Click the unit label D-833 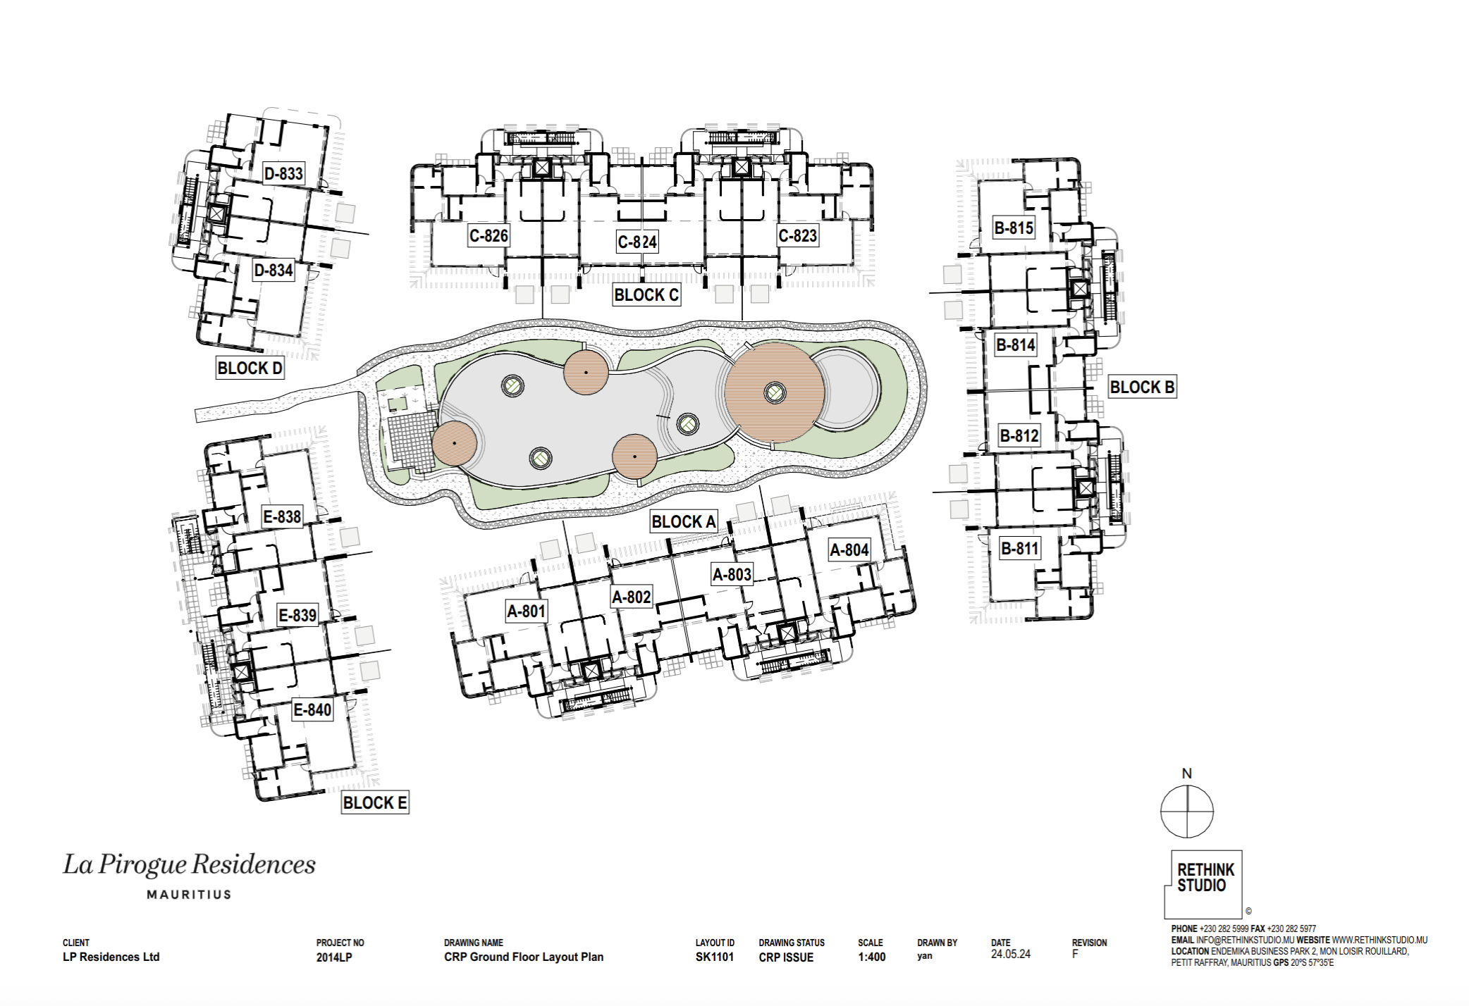tap(283, 173)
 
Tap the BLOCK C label tap(646, 295)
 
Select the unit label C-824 tap(637, 242)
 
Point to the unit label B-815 tap(1014, 228)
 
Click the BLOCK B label tap(1142, 387)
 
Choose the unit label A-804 tap(849, 549)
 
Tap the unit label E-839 tap(297, 615)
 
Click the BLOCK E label tap(375, 802)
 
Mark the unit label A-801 tap(527, 611)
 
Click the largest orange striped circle tap(775, 392)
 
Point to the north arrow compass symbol tap(1187, 811)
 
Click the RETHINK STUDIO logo tap(1203, 883)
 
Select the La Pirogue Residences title tap(190, 864)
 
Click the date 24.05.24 tap(1011, 954)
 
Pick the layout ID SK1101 tap(715, 957)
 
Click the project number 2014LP tap(334, 957)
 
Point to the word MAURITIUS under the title tap(189, 895)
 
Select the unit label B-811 tap(1020, 547)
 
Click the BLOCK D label tap(250, 368)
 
